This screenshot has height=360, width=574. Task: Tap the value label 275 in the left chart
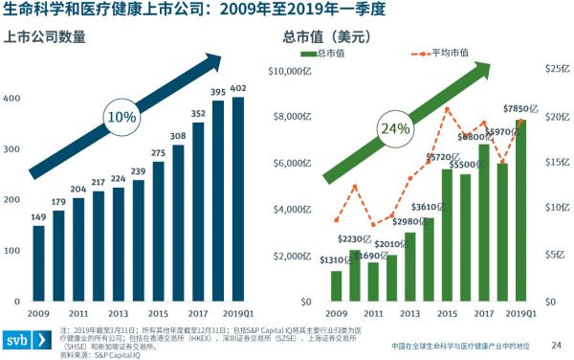tap(158, 153)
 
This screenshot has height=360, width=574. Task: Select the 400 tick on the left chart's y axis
tap(13, 100)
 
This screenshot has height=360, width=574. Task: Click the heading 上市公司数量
tap(45, 38)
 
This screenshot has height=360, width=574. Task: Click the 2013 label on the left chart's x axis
tap(118, 313)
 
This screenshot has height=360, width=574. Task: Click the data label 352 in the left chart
tap(198, 114)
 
